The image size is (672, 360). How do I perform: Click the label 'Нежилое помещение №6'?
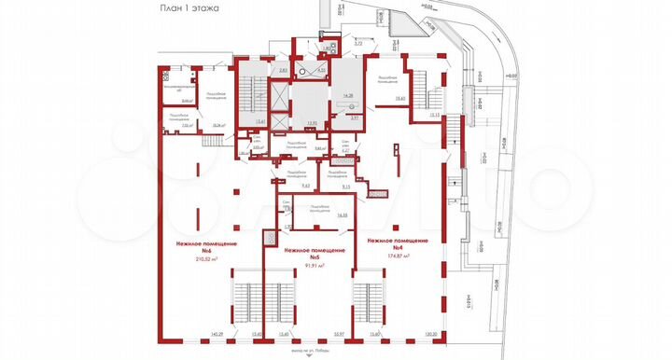206,246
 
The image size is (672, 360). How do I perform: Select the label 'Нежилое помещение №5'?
315,254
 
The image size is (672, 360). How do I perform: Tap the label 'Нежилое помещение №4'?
398,243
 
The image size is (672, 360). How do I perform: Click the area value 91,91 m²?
315,266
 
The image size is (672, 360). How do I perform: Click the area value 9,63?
279,187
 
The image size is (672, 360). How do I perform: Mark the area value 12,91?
313,122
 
